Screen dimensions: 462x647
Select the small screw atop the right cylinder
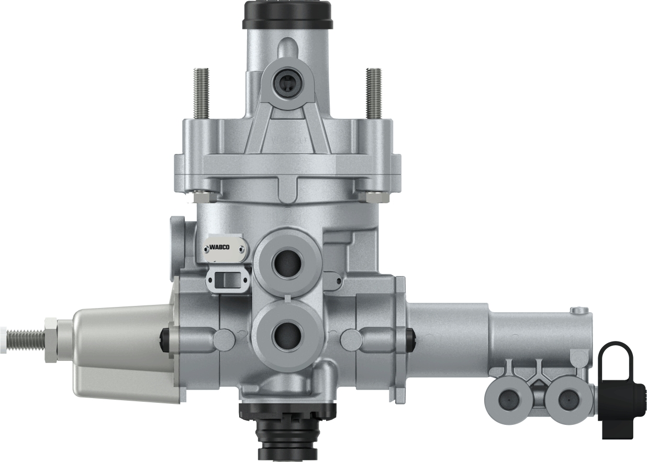[x=579, y=311]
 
